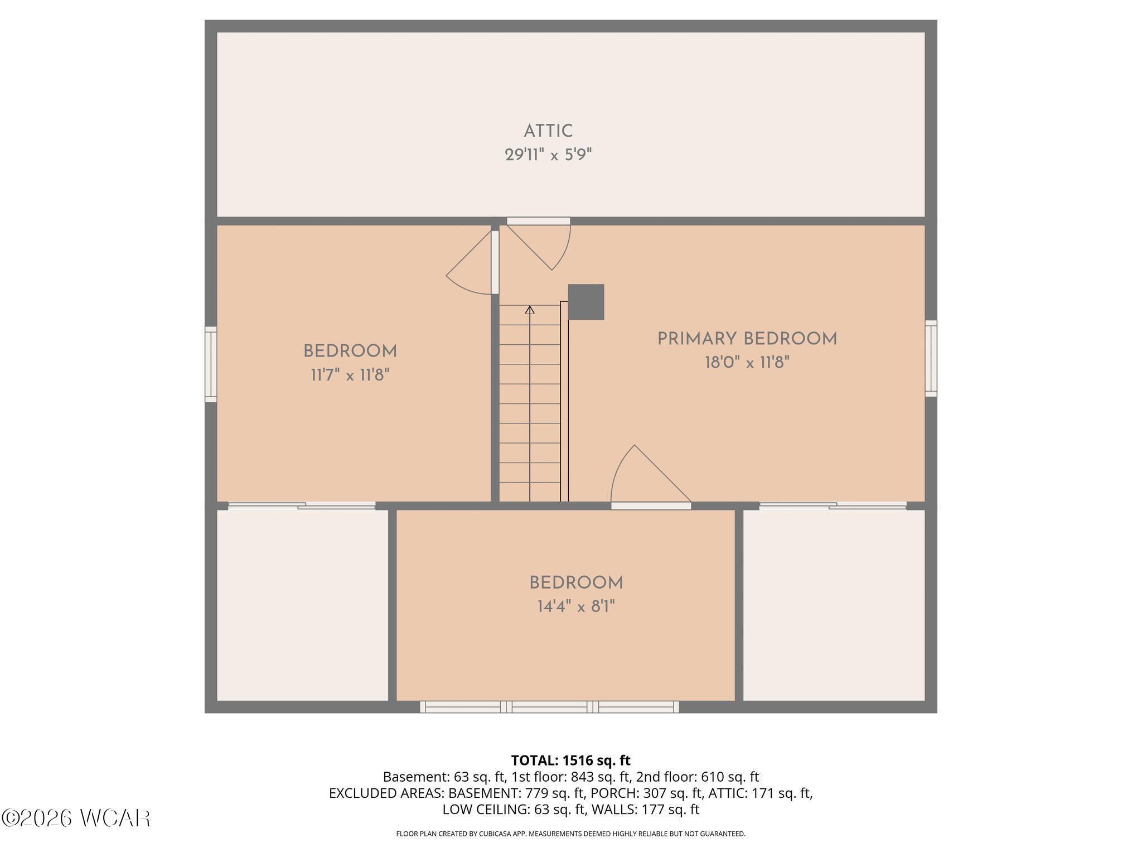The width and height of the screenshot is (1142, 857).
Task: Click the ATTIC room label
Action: [x=548, y=131]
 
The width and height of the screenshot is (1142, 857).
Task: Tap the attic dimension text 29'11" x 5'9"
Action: [x=548, y=155]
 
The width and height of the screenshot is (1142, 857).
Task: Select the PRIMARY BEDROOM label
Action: [x=747, y=339]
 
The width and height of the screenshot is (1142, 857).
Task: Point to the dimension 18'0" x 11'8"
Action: [x=747, y=363]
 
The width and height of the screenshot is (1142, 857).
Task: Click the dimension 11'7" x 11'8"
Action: [x=350, y=375]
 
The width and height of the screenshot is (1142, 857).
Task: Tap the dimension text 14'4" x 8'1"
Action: [x=576, y=606]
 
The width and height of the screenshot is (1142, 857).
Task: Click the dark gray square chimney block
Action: [x=586, y=302]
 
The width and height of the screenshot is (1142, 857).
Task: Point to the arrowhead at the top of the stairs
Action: [x=530, y=309]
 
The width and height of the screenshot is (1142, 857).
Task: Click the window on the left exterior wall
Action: [x=211, y=364]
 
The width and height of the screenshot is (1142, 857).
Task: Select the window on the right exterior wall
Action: [x=931, y=358]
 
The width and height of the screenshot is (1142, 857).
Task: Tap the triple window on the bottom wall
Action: [x=549, y=707]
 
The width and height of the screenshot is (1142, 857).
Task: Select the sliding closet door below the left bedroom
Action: [x=302, y=505]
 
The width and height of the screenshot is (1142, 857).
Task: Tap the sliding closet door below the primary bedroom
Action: [x=833, y=505]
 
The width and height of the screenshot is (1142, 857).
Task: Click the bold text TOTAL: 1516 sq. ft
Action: [x=571, y=760]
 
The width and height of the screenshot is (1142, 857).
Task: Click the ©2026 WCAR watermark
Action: [x=76, y=818]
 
